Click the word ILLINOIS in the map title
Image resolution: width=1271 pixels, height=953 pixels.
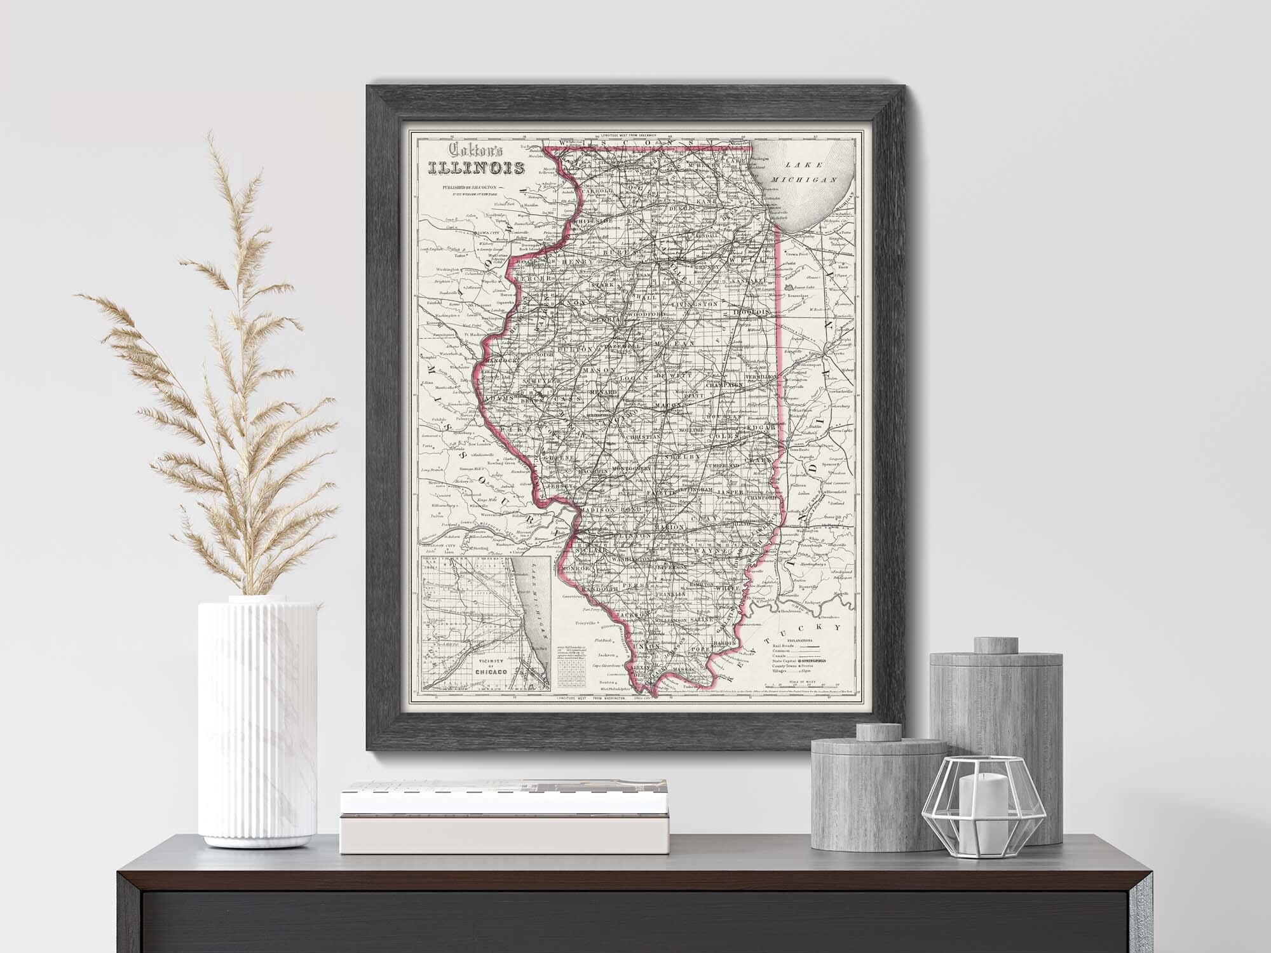point(476,169)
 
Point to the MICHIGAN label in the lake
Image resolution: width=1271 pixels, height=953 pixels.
point(802,180)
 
